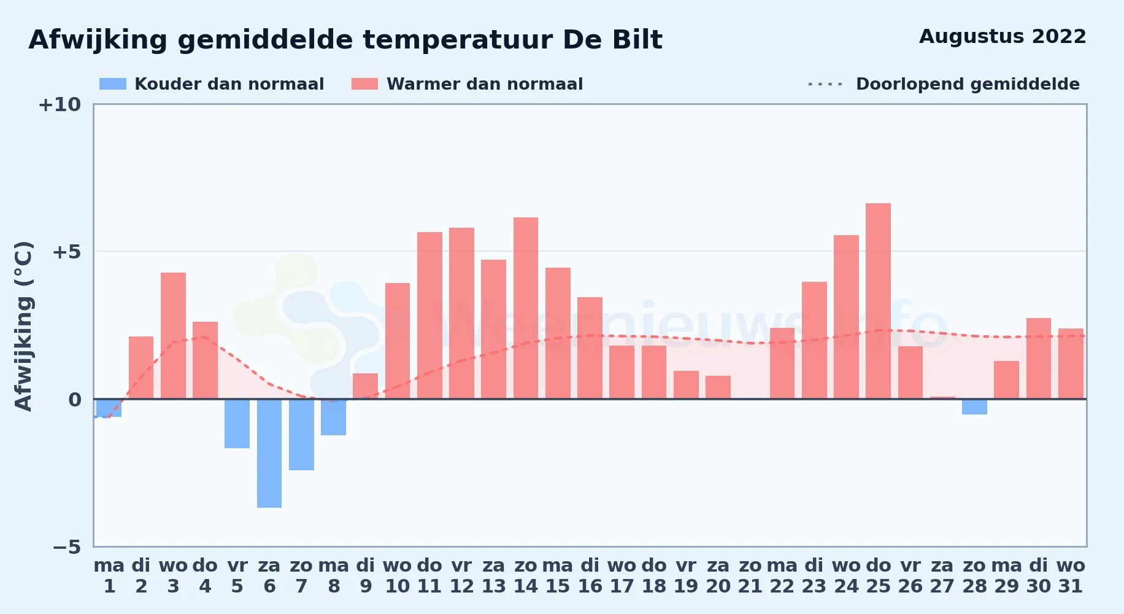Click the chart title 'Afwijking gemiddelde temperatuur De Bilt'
tap(345, 40)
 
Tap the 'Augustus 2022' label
tap(1003, 37)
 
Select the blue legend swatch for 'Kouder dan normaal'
tap(113, 84)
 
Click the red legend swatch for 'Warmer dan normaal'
tap(365, 84)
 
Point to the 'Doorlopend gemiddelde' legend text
tap(968, 84)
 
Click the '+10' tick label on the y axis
tap(60, 105)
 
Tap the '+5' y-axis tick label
tap(66, 252)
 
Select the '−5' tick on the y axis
tap(66, 547)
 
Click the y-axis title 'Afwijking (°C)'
tap(23, 326)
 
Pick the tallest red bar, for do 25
tap(878, 301)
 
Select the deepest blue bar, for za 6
tap(269, 453)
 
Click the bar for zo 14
tap(526, 308)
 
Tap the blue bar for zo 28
tap(974, 406)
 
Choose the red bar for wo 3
tap(173, 336)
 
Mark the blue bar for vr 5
tap(237, 424)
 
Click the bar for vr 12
tap(461, 313)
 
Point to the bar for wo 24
tap(846, 317)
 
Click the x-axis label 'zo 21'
tap(750, 576)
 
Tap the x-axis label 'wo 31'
tap(1071, 576)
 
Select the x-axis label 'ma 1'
tap(109, 576)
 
